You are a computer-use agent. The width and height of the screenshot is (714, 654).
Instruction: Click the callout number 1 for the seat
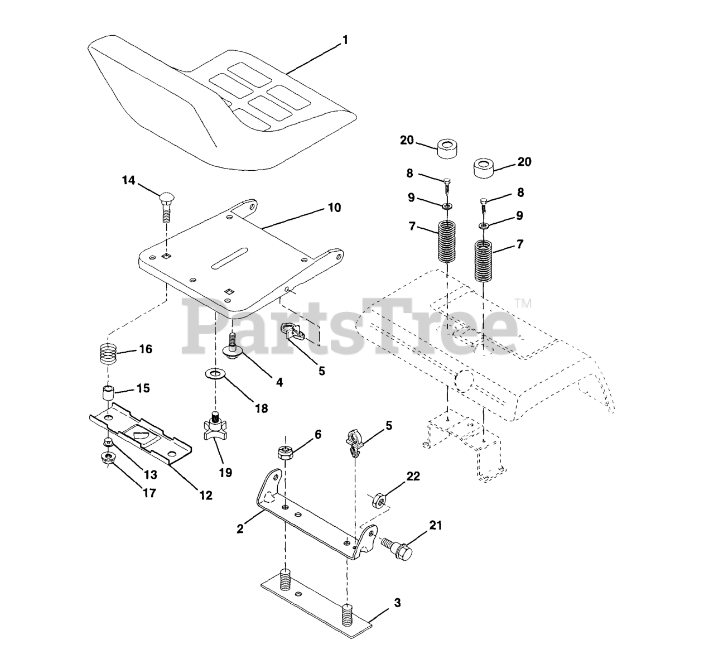[345, 40]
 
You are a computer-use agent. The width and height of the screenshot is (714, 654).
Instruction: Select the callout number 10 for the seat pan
[334, 208]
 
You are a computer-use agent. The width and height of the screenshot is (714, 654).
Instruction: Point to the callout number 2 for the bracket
[240, 528]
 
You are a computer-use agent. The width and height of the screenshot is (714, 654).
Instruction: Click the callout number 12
[206, 494]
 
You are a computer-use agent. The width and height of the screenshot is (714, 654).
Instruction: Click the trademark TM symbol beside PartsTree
[523, 304]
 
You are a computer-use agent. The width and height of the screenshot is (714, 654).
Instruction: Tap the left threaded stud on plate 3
[286, 575]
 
